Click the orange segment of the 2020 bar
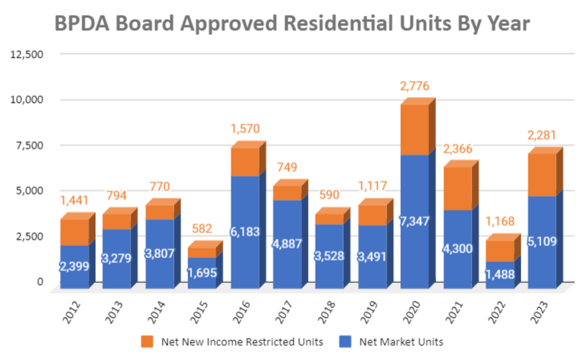coord(415,130)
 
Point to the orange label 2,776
coord(415,87)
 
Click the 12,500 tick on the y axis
coord(27,54)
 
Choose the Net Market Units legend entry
coord(401,342)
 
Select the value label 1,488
coord(500,273)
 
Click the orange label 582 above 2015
coord(202,229)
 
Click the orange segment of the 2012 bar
coord(74,232)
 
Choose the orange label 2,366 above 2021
coord(457,149)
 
